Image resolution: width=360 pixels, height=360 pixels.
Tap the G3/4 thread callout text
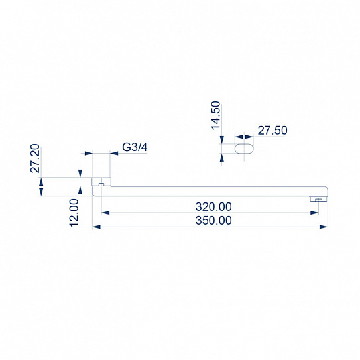[135, 147]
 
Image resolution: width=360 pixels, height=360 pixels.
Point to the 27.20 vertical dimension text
[36, 159]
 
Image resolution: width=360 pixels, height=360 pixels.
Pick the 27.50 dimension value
[272, 131]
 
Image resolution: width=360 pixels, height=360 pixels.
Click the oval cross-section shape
[243, 149]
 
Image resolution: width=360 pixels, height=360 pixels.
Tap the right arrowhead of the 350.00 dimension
[325, 227]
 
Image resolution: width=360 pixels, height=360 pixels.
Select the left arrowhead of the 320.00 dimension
[104, 213]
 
